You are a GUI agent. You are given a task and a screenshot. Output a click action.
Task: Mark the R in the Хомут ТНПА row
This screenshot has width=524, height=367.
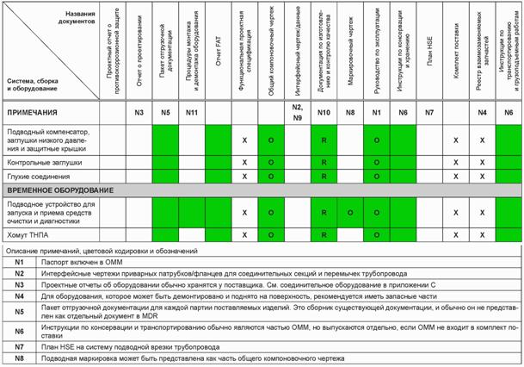tap(324, 233)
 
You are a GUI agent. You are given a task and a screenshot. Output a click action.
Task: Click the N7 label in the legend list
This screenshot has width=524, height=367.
tap(17, 346)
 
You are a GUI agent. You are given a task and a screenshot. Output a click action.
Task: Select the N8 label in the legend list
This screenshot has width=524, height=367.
tap(17, 358)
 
